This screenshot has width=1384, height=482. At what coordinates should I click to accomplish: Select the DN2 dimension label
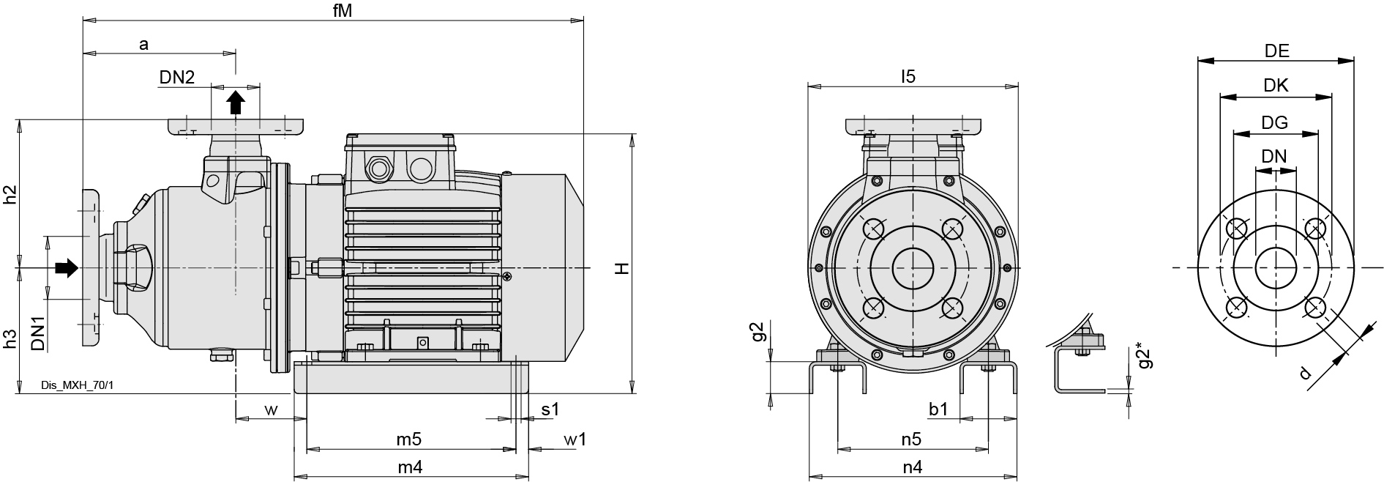pyautogui.click(x=177, y=77)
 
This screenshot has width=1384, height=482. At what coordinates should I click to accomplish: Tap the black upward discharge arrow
pyautogui.click(x=235, y=103)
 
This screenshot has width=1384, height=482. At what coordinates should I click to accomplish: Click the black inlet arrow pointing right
pyautogui.click(x=66, y=268)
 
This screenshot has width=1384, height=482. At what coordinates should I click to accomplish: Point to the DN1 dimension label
pyautogui.click(x=39, y=333)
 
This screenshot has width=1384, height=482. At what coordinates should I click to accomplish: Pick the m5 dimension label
pyautogui.click(x=409, y=440)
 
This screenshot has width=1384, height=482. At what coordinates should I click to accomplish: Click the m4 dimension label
pyautogui.click(x=409, y=467)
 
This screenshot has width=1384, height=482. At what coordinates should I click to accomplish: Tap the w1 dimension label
pyautogui.click(x=575, y=440)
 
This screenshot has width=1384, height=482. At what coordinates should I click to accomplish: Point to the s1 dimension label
pyautogui.click(x=550, y=409)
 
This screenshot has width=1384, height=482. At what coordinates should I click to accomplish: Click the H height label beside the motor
pyautogui.click(x=622, y=268)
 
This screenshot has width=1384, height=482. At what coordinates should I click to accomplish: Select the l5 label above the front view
pyautogui.click(x=908, y=76)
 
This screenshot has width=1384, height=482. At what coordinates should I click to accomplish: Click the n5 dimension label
pyautogui.click(x=910, y=440)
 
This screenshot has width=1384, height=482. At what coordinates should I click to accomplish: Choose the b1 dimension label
pyautogui.click(x=938, y=409)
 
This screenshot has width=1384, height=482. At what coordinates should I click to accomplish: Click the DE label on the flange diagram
pyautogui.click(x=1276, y=51)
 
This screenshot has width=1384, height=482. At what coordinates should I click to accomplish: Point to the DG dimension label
pyautogui.click(x=1274, y=122)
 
